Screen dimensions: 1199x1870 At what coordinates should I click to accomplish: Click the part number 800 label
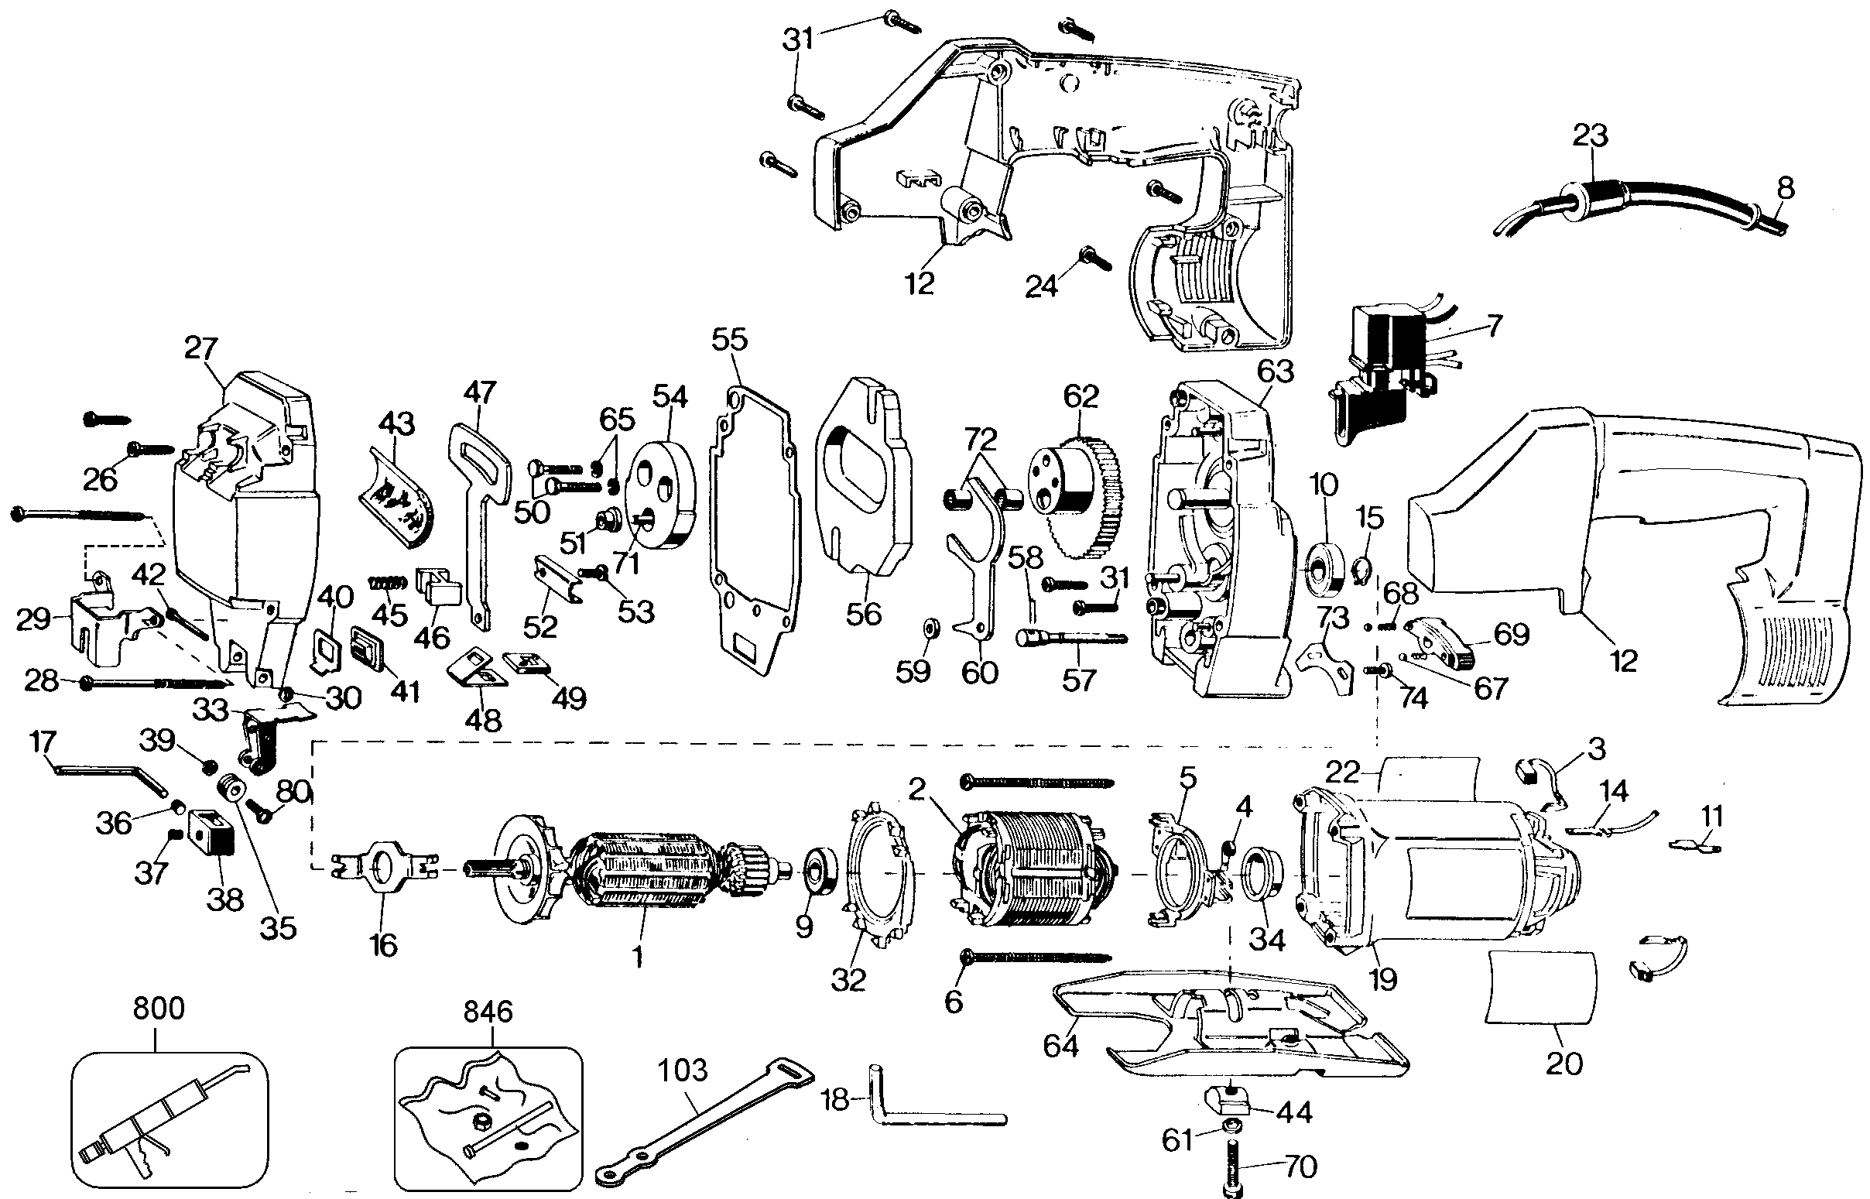pos(159,1009)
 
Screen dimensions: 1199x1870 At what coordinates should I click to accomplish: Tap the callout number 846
pos(488,1012)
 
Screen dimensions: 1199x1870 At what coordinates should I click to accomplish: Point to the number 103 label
pos(683,1071)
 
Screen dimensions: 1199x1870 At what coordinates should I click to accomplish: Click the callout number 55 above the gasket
pos(729,340)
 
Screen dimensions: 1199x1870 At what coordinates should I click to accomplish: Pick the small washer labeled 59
pos(929,628)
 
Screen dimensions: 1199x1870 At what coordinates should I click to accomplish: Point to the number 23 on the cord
pos(1591,135)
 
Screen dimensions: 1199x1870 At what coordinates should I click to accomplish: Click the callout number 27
pos(201,348)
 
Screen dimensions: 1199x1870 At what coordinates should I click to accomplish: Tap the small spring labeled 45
pos(387,582)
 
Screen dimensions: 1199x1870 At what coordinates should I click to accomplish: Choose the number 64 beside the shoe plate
pos(1060,1045)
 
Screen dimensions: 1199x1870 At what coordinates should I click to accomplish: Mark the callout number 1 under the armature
pos(638,957)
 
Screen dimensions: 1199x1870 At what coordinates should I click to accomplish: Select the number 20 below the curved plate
pos(1564,1064)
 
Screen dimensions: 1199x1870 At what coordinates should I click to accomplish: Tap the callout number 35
pos(278,927)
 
